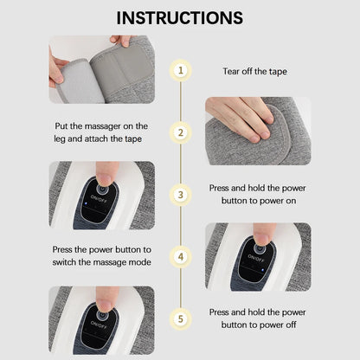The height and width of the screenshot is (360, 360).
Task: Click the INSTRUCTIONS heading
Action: [180, 17]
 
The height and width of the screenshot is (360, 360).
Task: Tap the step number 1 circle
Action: [180, 70]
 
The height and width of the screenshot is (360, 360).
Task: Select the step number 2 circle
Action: [180, 132]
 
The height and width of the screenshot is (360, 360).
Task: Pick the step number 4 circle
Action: [180, 256]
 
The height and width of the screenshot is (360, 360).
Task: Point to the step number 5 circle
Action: [180, 318]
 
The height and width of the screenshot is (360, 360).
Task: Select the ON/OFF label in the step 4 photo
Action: [259, 257]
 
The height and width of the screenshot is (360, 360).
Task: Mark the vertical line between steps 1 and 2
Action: [180, 101]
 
